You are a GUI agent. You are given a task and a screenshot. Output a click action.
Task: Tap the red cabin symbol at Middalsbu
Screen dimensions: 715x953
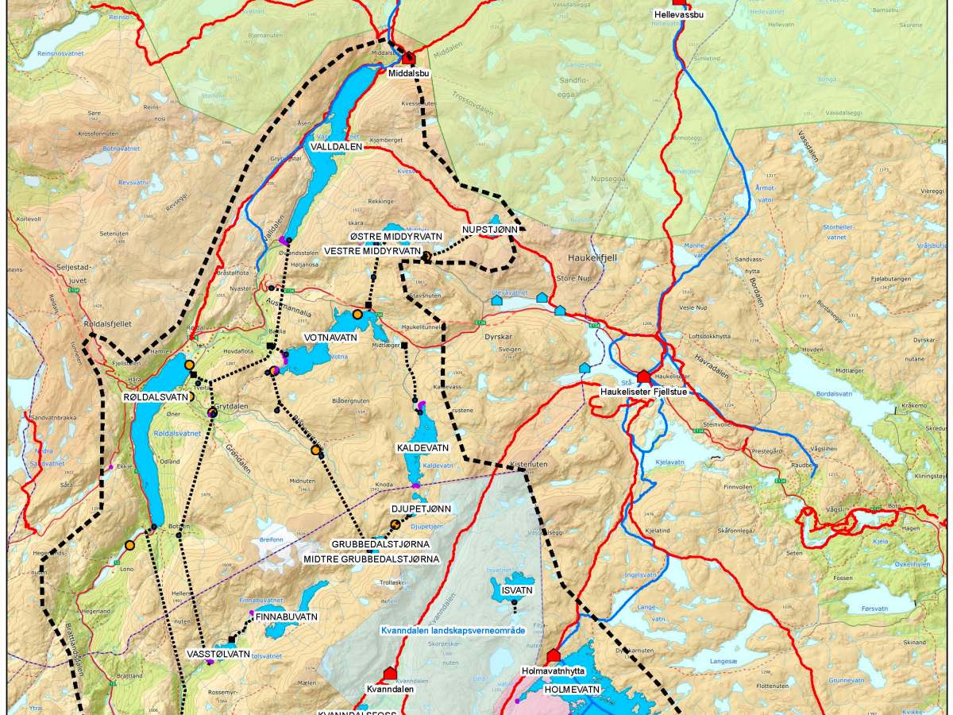click(409, 57)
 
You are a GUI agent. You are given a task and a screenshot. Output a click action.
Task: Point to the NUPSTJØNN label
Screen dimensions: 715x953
click(490, 230)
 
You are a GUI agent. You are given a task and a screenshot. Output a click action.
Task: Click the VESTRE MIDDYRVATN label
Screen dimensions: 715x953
click(372, 251)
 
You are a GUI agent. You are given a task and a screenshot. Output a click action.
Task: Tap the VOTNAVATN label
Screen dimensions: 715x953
click(330, 338)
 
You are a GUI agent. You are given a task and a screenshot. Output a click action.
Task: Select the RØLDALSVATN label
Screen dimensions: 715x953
click(155, 396)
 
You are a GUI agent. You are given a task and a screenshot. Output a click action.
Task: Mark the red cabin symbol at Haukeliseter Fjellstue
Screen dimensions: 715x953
click(643, 376)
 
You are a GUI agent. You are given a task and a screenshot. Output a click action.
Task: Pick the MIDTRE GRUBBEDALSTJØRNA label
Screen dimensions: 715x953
click(372, 559)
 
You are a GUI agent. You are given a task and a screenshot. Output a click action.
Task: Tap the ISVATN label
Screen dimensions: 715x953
click(516, 591)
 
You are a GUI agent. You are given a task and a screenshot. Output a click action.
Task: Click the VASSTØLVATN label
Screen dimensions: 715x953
click(218, 655)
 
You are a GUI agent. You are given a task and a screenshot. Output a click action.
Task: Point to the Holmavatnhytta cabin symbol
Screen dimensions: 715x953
click(554, 656)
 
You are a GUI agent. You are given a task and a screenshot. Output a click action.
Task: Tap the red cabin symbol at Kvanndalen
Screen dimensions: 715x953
click(390, 674)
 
